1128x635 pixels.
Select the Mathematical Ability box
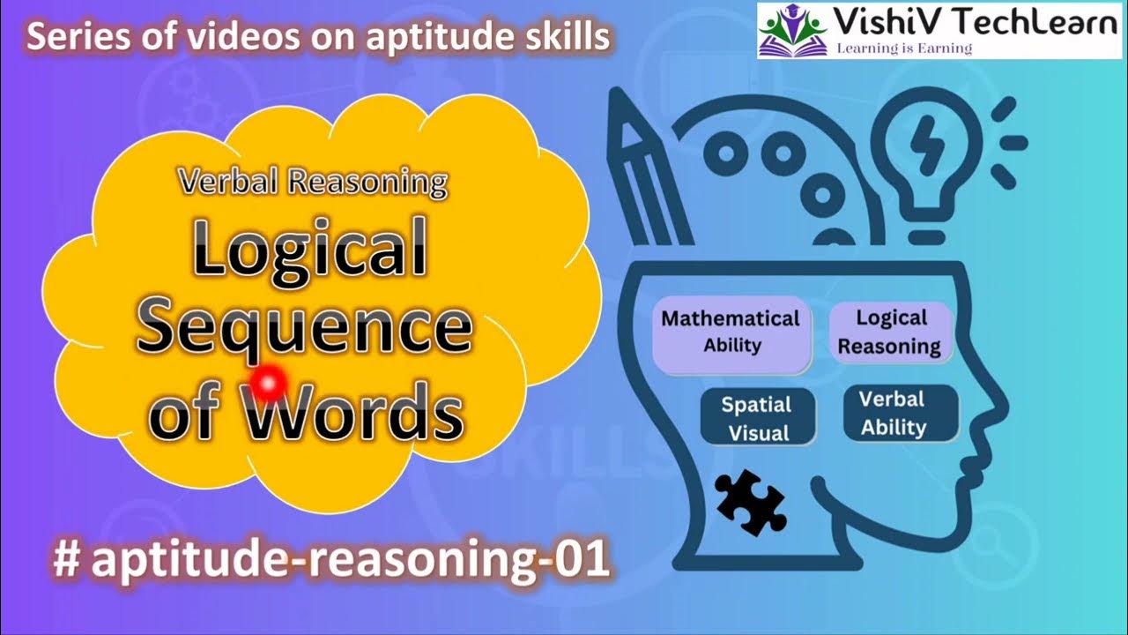pos(731,332)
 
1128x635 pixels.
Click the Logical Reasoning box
pos(890,332)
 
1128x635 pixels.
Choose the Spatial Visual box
pos(757,418)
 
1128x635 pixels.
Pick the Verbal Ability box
pos(893,413)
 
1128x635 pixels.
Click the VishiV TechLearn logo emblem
pos(790,29)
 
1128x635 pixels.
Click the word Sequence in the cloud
pos(304,327)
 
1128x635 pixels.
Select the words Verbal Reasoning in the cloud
pos(312,182)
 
